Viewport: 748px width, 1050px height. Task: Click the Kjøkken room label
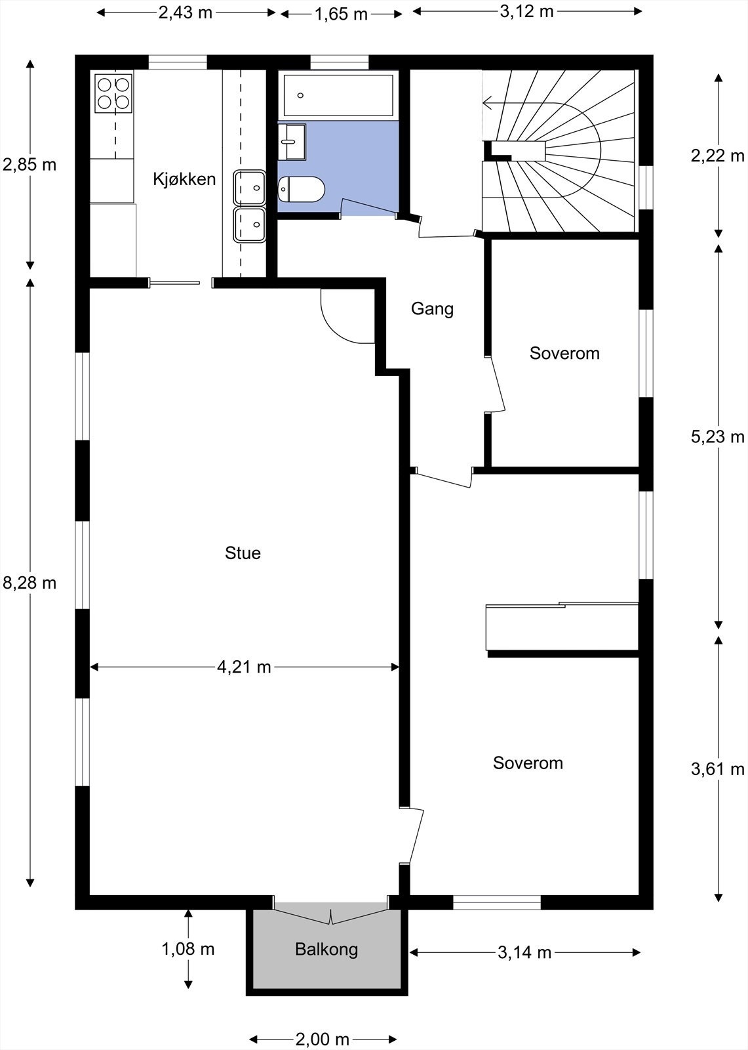coord(184,179)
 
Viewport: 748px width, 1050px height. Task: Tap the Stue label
coord(243,553)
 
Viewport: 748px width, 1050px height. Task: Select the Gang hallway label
coord(432,308)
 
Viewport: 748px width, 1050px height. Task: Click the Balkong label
coord(326,950)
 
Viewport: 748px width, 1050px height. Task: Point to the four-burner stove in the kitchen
coord(113,93)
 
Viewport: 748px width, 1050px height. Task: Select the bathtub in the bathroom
coord(338,96)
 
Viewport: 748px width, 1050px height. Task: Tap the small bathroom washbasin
coord(291,141)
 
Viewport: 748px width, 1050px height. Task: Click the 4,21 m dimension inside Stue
coord(244,667)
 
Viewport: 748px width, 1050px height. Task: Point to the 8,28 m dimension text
coord(30,583)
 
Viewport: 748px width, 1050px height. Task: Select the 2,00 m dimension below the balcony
coord(322,1039)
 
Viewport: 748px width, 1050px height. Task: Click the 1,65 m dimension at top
coord(341,14)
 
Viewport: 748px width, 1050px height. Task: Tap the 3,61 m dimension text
coord(718,768)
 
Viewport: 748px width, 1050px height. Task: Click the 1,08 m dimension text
coord(188,949)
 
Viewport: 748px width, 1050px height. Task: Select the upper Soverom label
coord(564,354)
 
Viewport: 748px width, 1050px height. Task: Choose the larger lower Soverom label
coord(528,763)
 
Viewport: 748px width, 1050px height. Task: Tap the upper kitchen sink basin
coord(250,188)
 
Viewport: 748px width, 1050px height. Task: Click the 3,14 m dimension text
coord(524,953)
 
